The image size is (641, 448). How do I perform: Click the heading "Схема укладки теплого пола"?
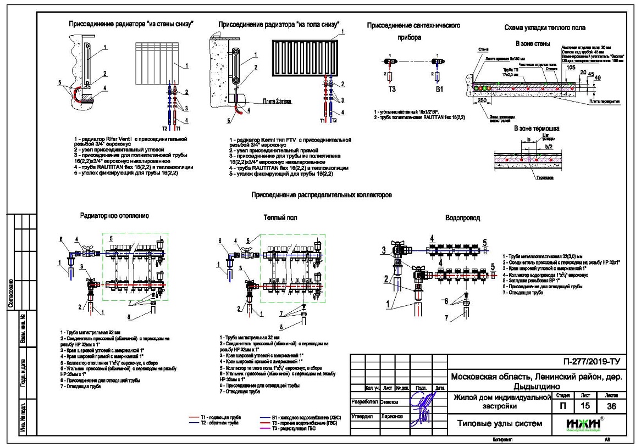click(545, 27)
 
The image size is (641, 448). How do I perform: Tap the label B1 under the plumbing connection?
click(438, 88)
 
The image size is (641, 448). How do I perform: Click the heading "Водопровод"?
click(462, 218)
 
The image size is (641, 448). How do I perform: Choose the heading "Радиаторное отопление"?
click(114, 216)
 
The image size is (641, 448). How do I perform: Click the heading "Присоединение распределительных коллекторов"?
click(321, 195)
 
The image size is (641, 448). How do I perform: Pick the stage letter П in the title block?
click(562, 406)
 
